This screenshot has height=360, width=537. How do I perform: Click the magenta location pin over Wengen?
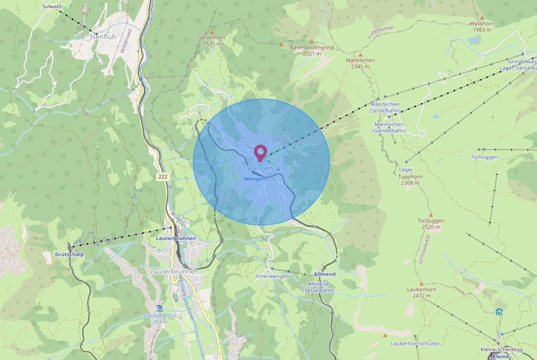[260, 152]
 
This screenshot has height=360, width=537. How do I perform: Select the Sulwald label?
[52, 5]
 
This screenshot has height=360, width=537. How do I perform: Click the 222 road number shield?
[162, 176]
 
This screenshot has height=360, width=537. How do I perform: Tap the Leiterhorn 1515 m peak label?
[212, 41]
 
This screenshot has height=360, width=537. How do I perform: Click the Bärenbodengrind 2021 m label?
[311, 49]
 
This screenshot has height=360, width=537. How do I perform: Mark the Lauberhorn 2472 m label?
[420, 292]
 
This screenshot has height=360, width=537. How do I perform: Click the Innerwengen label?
[272, 277]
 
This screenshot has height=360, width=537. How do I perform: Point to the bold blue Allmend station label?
[324, 274]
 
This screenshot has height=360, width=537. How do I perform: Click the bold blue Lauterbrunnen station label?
[176, 239]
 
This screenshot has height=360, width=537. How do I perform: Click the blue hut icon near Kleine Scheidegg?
[499, 311]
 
